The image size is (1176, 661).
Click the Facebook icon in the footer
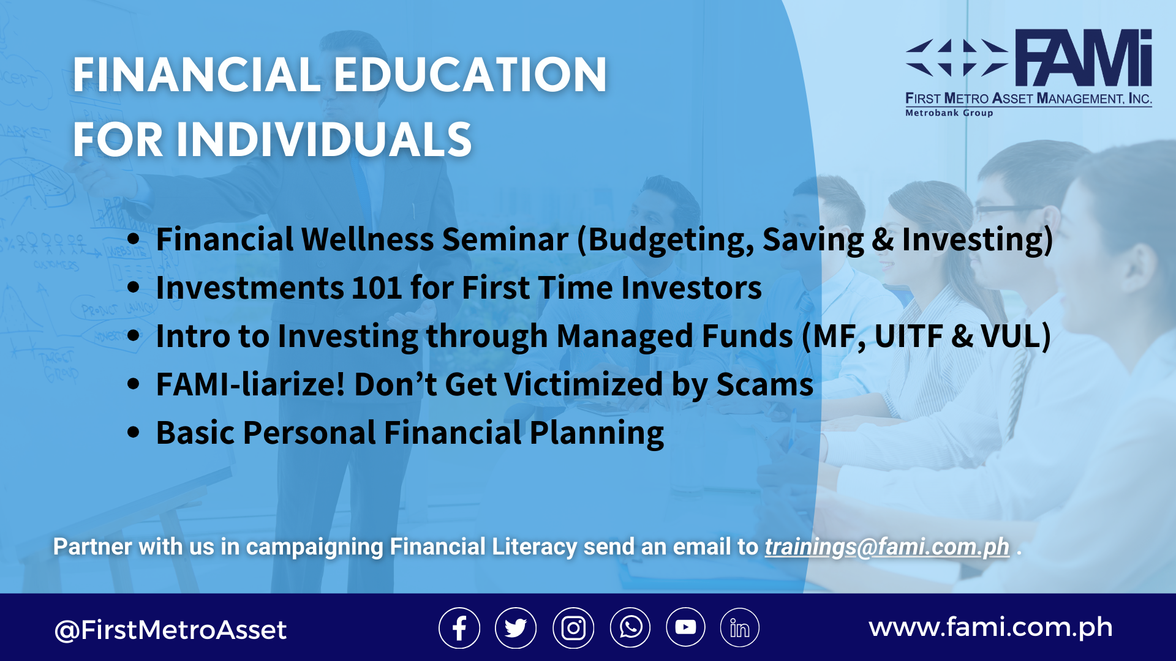(x=459, y=628)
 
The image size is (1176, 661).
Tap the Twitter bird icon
(x=516, y=628)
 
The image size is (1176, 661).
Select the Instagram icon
(x=573, y=628)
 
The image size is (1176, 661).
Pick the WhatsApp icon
(x=630, y=628)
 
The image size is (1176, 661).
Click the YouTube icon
(x=685, y=627)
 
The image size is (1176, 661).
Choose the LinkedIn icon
(x=740, y=628)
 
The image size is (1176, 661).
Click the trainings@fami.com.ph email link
(x=887, y=547)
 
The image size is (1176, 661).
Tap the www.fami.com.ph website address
(x=990, y=628)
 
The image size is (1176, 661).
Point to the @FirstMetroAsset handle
(x=170, y=630)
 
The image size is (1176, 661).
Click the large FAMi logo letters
(x=1084, y=58)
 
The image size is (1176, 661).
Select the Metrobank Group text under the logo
(x=949, y=113)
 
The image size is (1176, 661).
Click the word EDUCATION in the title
(x=470, y=75)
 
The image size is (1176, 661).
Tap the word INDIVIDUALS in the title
(x=324, y=140)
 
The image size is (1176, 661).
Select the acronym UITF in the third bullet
(x=909, y=336)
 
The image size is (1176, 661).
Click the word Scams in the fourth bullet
(x=765, y=384)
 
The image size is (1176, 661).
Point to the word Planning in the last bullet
(x=597, y=433)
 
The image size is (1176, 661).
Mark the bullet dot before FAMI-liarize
(x=134, y=384)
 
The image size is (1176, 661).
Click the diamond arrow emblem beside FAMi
(x=956, y=58)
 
